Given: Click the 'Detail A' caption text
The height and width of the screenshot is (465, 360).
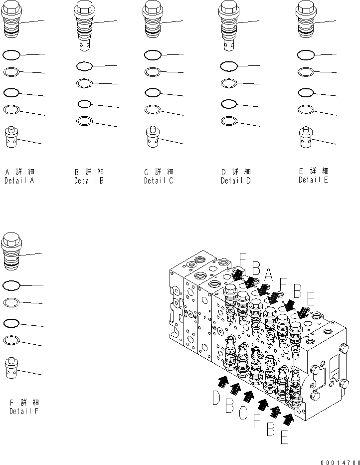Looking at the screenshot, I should click(19, 181).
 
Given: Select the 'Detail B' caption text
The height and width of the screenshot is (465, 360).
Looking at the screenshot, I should click(89, 181).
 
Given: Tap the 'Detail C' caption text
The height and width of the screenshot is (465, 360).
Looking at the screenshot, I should click(159, 181).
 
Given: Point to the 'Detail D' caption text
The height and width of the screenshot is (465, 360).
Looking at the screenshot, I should click(235, 181).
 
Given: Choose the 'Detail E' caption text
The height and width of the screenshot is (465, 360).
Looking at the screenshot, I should click(313, 180).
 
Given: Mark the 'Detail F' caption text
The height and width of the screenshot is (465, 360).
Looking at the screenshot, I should click(23, 411).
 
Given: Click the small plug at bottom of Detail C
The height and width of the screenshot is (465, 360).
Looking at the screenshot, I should click(153, 137).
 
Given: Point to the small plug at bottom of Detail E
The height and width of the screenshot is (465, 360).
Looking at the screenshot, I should click(305, 137).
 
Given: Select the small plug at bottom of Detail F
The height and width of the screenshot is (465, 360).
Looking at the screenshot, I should click(11, 368).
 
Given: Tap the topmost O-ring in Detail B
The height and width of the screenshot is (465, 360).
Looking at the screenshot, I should click(84, 66).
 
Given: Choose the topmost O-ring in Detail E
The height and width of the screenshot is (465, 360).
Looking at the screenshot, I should click(305, 55).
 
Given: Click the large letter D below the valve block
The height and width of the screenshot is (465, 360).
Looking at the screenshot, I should click(216, 399).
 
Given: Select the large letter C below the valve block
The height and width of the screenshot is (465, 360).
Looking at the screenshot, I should click(243, 412).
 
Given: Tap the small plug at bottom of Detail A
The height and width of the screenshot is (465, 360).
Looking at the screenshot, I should click(11, 137).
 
